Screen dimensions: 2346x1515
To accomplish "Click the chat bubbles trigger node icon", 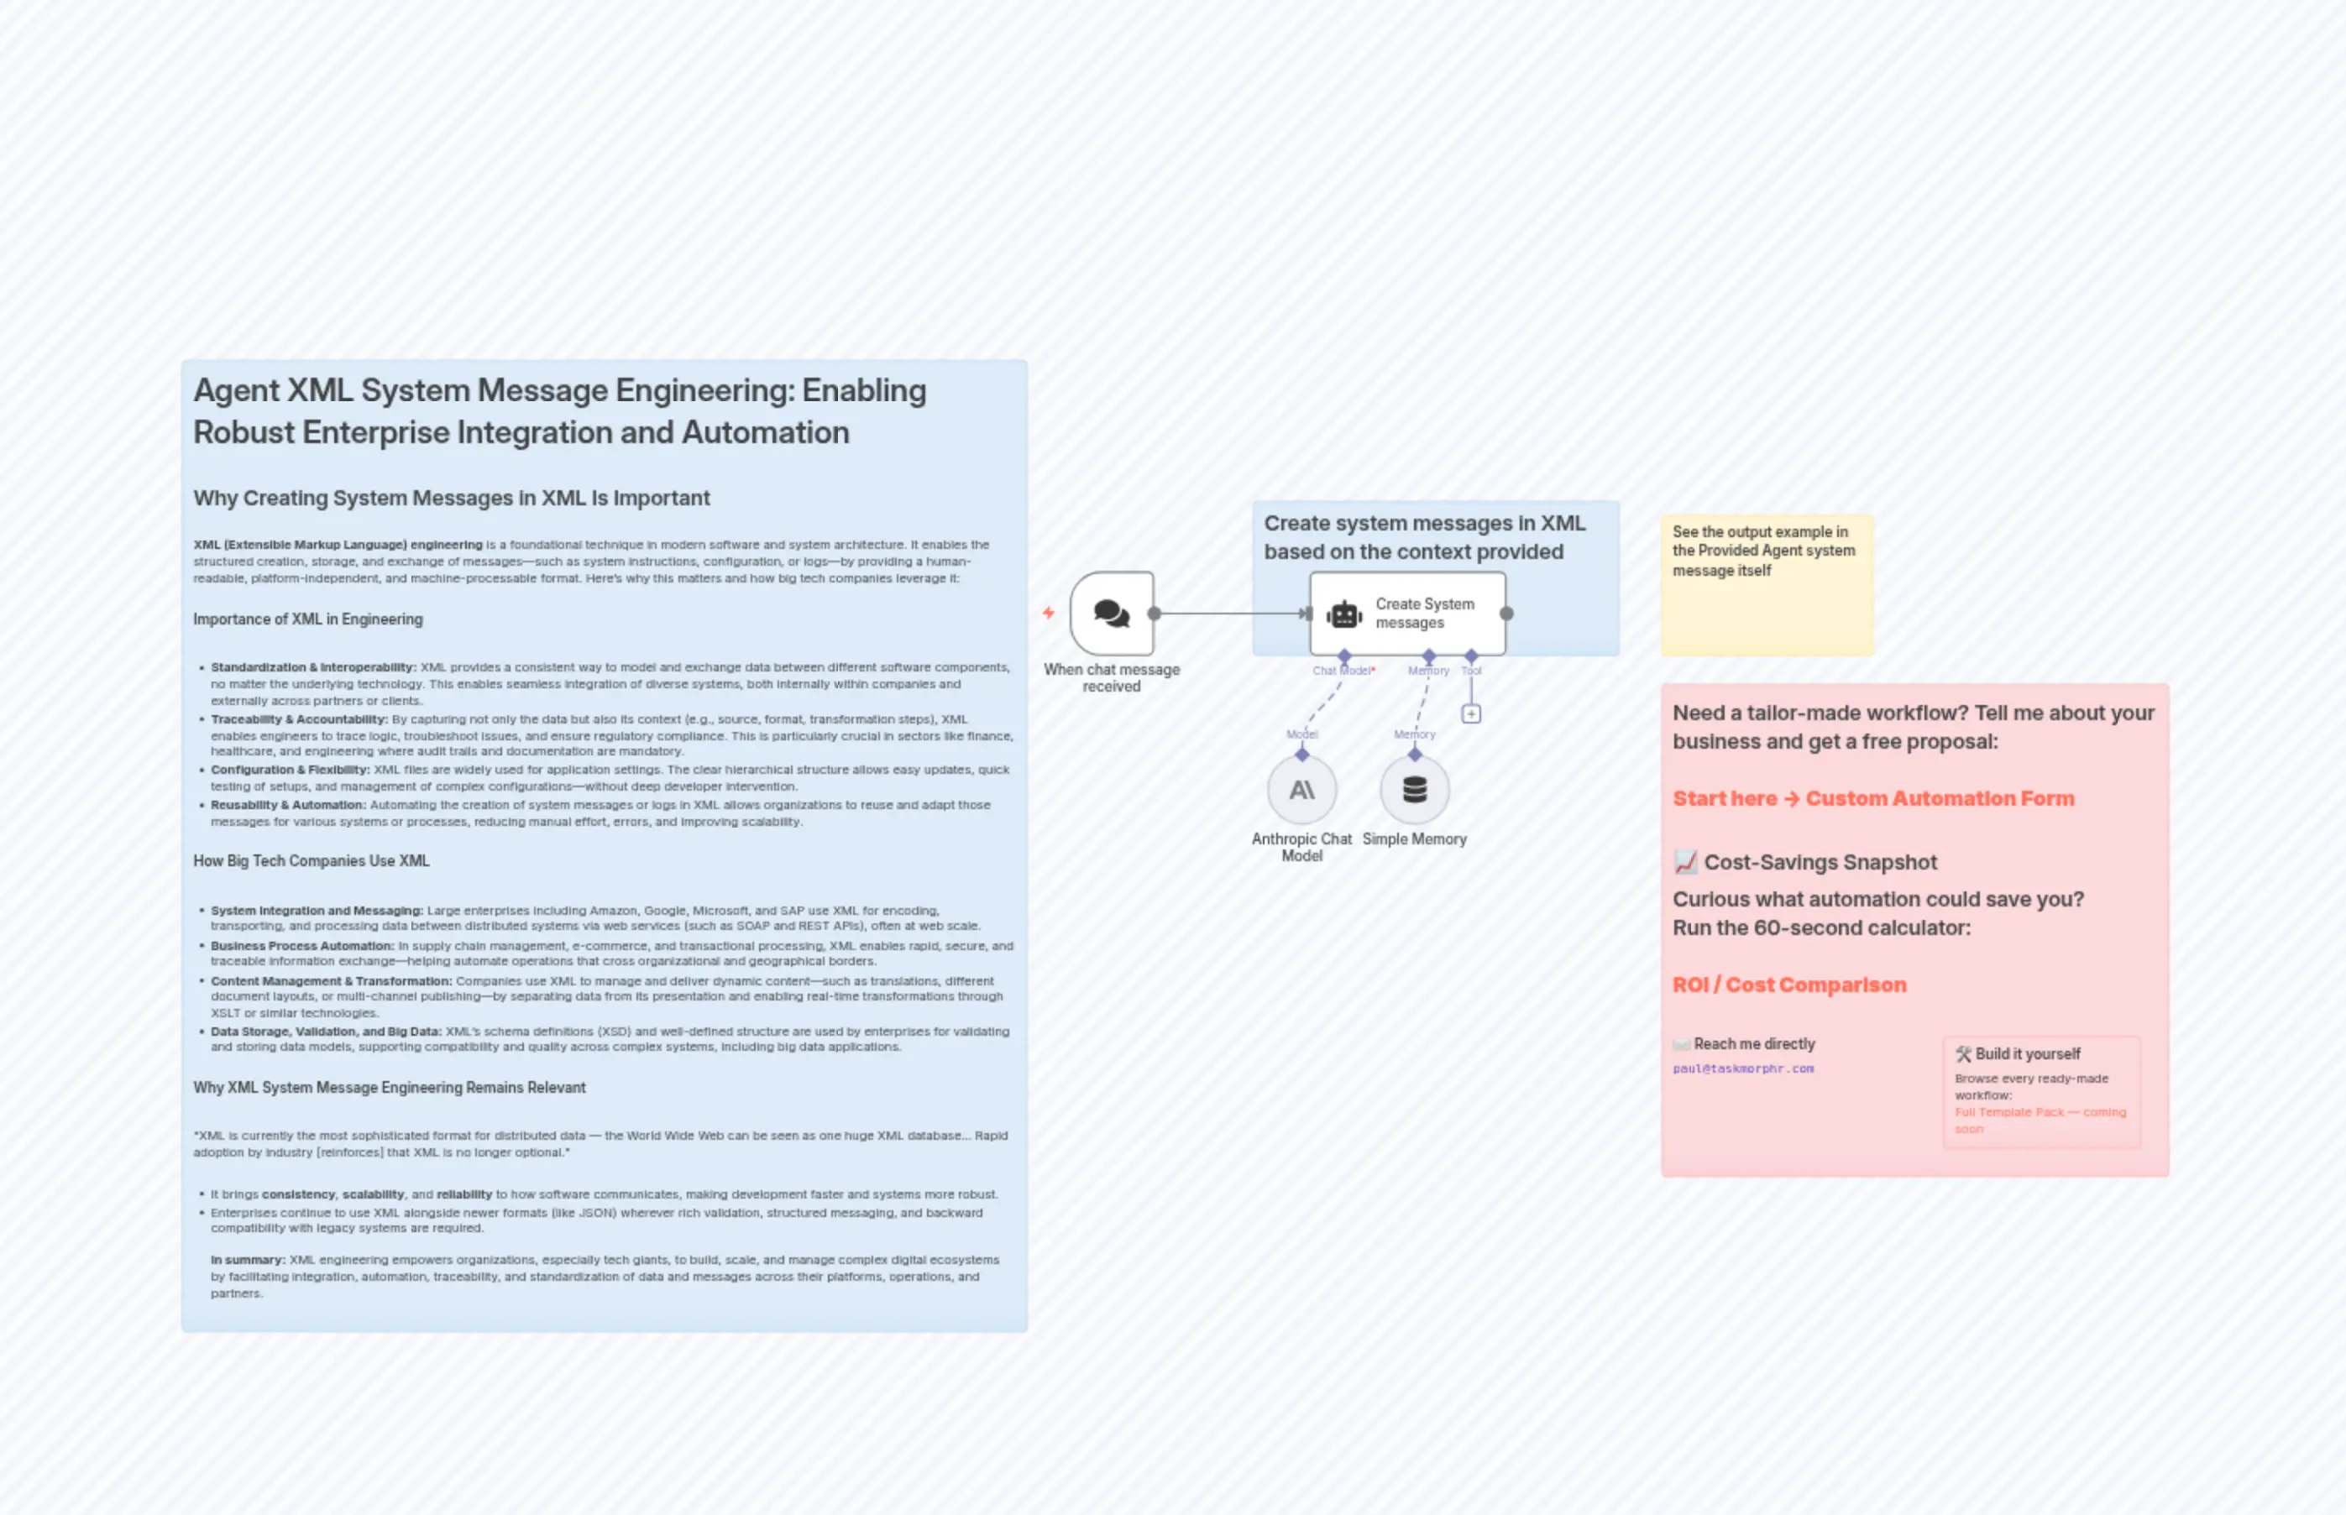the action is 1111,613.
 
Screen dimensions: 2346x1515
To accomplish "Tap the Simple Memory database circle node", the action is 1414,789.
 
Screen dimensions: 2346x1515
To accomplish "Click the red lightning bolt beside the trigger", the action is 1048,613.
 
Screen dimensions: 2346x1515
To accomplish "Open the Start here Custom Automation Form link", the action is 1872,798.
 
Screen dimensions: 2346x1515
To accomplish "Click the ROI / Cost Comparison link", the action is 1789,985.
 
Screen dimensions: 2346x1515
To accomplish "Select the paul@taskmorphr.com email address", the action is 1743,1068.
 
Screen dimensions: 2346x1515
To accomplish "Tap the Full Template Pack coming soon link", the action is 2039,1120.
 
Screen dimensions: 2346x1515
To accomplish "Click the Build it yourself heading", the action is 2027,1053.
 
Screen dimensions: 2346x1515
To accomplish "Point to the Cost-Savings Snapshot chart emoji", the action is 1684,862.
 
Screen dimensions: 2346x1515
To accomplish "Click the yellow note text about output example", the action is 1762,550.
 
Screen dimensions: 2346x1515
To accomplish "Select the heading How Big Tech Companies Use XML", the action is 311,861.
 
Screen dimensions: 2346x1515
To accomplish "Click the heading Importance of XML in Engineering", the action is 307,619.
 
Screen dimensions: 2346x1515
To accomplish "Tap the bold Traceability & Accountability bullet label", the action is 299,719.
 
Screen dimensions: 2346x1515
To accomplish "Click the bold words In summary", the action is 247,1259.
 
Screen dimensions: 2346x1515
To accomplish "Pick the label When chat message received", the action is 1111,678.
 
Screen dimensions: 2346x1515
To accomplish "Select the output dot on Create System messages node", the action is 1506,614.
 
